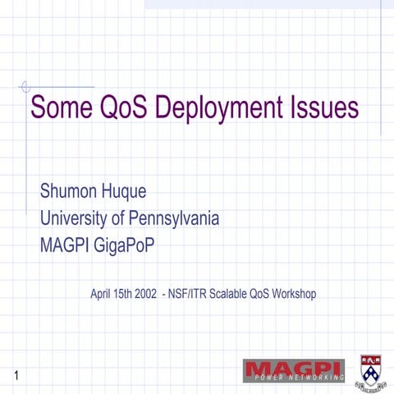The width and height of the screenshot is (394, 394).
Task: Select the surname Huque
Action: click(123, 193)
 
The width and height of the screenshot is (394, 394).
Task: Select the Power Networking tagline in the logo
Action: click(297, 378)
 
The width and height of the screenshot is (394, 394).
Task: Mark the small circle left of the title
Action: click(25, 85)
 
